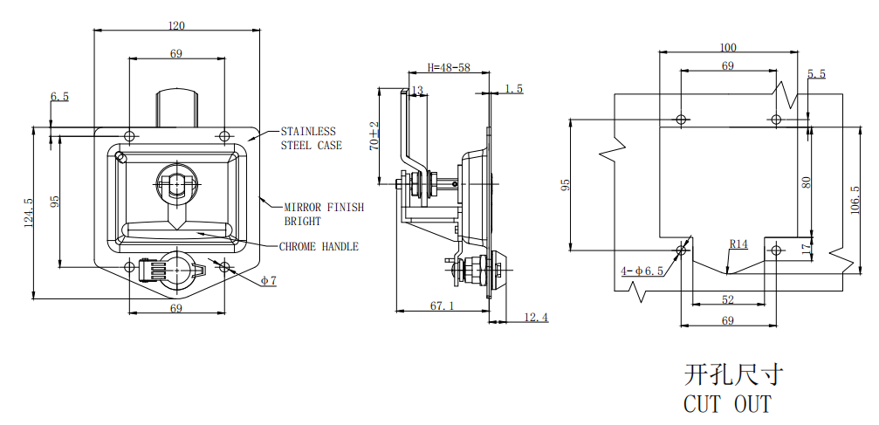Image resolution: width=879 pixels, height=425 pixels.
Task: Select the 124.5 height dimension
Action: [28, 213]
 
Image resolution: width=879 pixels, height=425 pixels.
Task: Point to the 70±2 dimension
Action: [374, 136]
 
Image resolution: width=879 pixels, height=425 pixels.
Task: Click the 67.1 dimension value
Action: [443, 305]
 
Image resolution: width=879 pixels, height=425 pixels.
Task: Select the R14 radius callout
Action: [739, 244]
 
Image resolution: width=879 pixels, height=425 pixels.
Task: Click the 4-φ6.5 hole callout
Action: [642, 271]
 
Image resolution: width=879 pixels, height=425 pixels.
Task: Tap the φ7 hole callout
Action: [268, 281]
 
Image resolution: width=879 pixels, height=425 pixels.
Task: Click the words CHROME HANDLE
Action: [319, 247]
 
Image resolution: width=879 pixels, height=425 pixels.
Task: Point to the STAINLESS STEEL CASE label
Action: [311, 139]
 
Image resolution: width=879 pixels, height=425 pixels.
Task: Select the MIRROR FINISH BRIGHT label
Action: [323, 214]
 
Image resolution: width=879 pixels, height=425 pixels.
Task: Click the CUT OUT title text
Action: [727, 404]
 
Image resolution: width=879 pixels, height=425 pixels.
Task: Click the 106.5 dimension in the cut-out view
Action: [855, 200]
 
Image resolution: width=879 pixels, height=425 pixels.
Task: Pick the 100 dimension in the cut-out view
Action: [728, 47]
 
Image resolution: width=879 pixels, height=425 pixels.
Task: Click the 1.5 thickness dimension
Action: [514, 89]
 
